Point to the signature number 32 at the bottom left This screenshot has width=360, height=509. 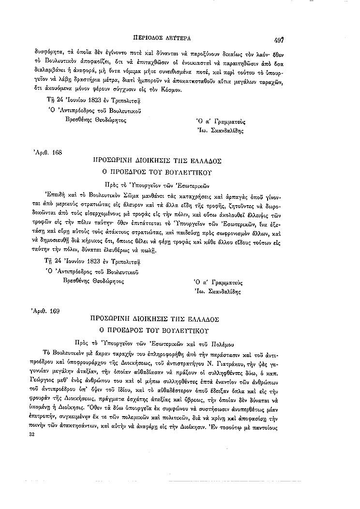[33, 409]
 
